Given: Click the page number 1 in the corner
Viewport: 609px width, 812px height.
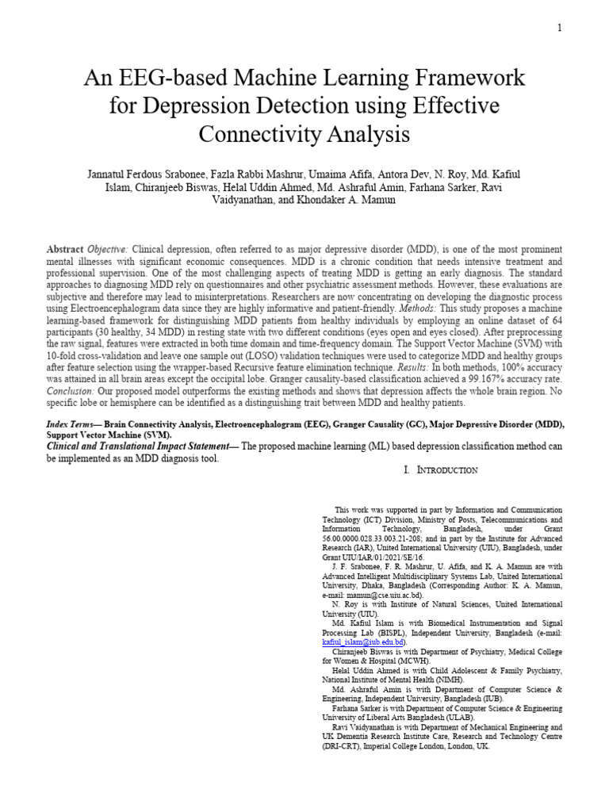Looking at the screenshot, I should pyautogui.click(x=559, y=29).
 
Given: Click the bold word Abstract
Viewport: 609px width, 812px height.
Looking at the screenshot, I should pyautogui.click(x=65, y=249).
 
